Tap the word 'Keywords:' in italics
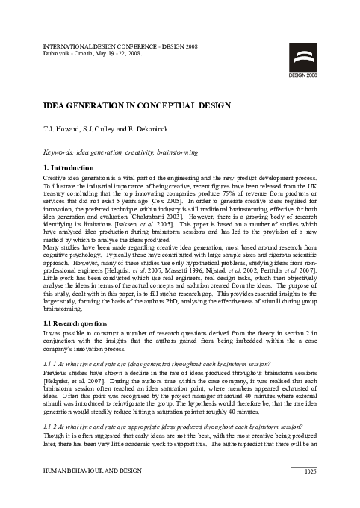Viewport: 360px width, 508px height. point(60,152)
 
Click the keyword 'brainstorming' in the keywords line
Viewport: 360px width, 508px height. point(177,152)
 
